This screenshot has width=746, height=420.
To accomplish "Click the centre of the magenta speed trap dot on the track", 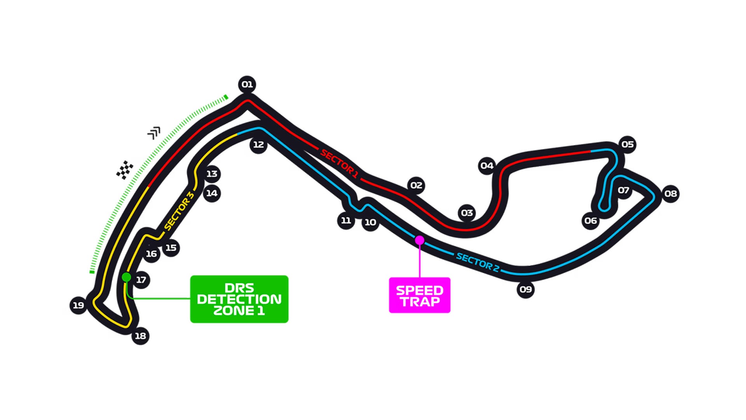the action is point(420,240).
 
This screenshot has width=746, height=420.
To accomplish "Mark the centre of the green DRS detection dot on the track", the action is point(126,277).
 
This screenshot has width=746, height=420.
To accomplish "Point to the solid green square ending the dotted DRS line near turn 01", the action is point(226,97).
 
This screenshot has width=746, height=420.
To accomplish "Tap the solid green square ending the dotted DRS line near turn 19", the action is point(92,272).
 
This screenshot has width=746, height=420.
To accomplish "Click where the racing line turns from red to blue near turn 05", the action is point(591,151).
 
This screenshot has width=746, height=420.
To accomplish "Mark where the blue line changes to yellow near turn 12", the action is point(237,134).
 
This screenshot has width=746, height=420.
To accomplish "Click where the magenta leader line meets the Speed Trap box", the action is point(420,277).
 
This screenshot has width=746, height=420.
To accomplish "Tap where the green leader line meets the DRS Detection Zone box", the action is point(190,298).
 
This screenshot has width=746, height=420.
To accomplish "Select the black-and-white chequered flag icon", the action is point(125,170).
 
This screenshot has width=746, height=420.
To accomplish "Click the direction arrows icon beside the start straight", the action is point(154,132).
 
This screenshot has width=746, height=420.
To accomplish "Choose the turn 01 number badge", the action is point(247,84).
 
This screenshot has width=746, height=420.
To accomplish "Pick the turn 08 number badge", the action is point(671,193).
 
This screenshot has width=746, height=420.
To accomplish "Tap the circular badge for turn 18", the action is point(140,336).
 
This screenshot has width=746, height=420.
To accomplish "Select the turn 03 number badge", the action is point(467,213).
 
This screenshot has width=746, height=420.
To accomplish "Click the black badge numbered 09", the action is point(526,289).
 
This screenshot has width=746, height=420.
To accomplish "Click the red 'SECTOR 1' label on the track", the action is point(339,164).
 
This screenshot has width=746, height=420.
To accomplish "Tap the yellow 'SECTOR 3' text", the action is point(179,211).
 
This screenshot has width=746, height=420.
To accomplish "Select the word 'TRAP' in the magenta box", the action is point(420,301).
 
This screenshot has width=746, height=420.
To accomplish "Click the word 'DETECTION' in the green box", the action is point(239,299).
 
